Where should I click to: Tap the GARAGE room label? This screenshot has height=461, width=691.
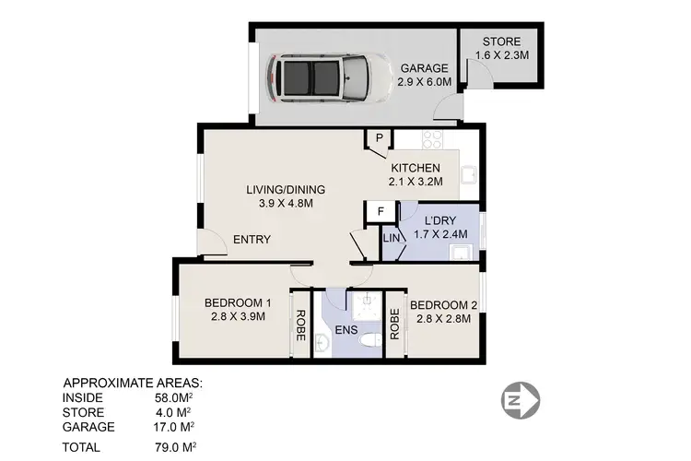tap(424, 68)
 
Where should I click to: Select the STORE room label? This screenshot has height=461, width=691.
tap(501, 41)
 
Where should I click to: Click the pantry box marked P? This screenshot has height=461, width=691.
tap(379, 139)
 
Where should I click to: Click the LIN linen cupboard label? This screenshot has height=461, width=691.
tap(391, 240)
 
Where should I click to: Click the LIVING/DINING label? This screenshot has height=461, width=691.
tap(285, 190)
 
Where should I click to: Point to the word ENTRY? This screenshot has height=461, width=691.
tap(251, 240)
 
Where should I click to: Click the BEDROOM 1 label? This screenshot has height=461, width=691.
tap(237, 303)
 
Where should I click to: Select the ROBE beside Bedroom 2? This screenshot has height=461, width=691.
tap(394, 324)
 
